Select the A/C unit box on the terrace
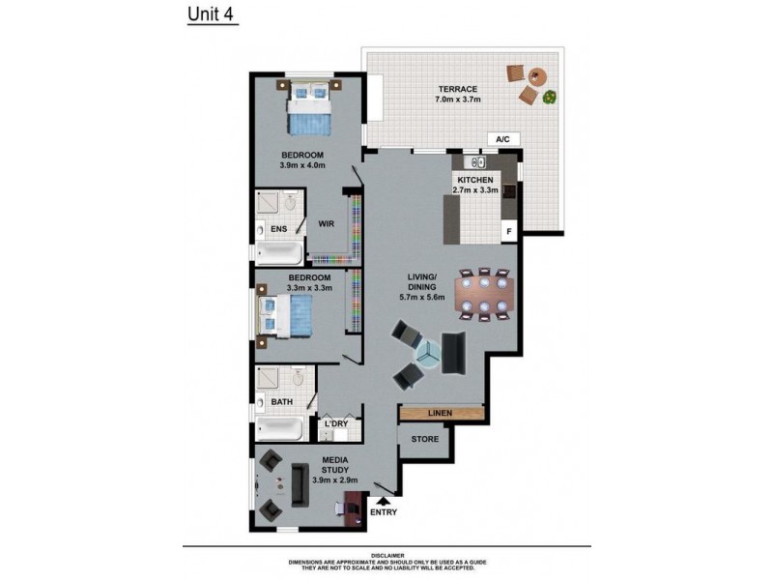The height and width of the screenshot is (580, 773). [x=502, y=139]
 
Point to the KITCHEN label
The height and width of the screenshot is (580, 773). [x=474, y=180]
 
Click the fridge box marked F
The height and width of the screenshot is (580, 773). [x=507, y=232]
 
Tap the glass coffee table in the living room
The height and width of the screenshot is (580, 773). [x=426, y=355]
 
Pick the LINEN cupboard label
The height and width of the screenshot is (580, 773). [x=440, y=413]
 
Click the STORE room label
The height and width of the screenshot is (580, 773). [x=424, y=439]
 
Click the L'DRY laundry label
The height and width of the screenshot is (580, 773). [x=336, y=423]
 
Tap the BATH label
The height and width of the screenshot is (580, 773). [x=281, y=401]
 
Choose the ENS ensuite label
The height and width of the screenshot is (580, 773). [x=278, y=229]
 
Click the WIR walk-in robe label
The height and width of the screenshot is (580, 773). [x=327, y=223]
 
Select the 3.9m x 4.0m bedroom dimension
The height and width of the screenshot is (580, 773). [x=302, y=165]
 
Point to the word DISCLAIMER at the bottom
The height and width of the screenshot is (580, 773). [x=386, y=555]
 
